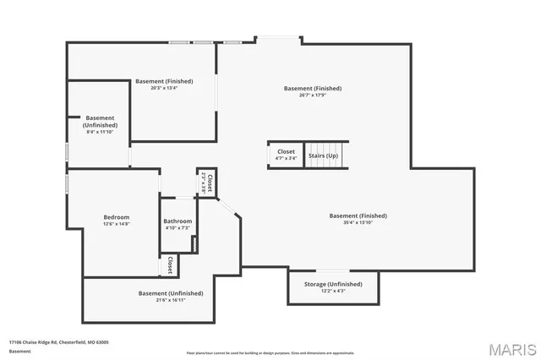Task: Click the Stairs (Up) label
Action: click(322, 156)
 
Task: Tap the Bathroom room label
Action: click(178, 221)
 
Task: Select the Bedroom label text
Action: click(117, 217)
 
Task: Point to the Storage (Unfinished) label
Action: click(333, 284)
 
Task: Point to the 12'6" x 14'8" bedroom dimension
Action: click(117, 224)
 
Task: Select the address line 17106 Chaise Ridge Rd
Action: click(58, 342)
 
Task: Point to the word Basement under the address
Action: click(19, 350)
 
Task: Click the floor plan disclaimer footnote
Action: click(270, 352)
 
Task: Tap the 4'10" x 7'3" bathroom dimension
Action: click(178, 228)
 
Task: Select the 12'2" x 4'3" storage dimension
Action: click(333, 291)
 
